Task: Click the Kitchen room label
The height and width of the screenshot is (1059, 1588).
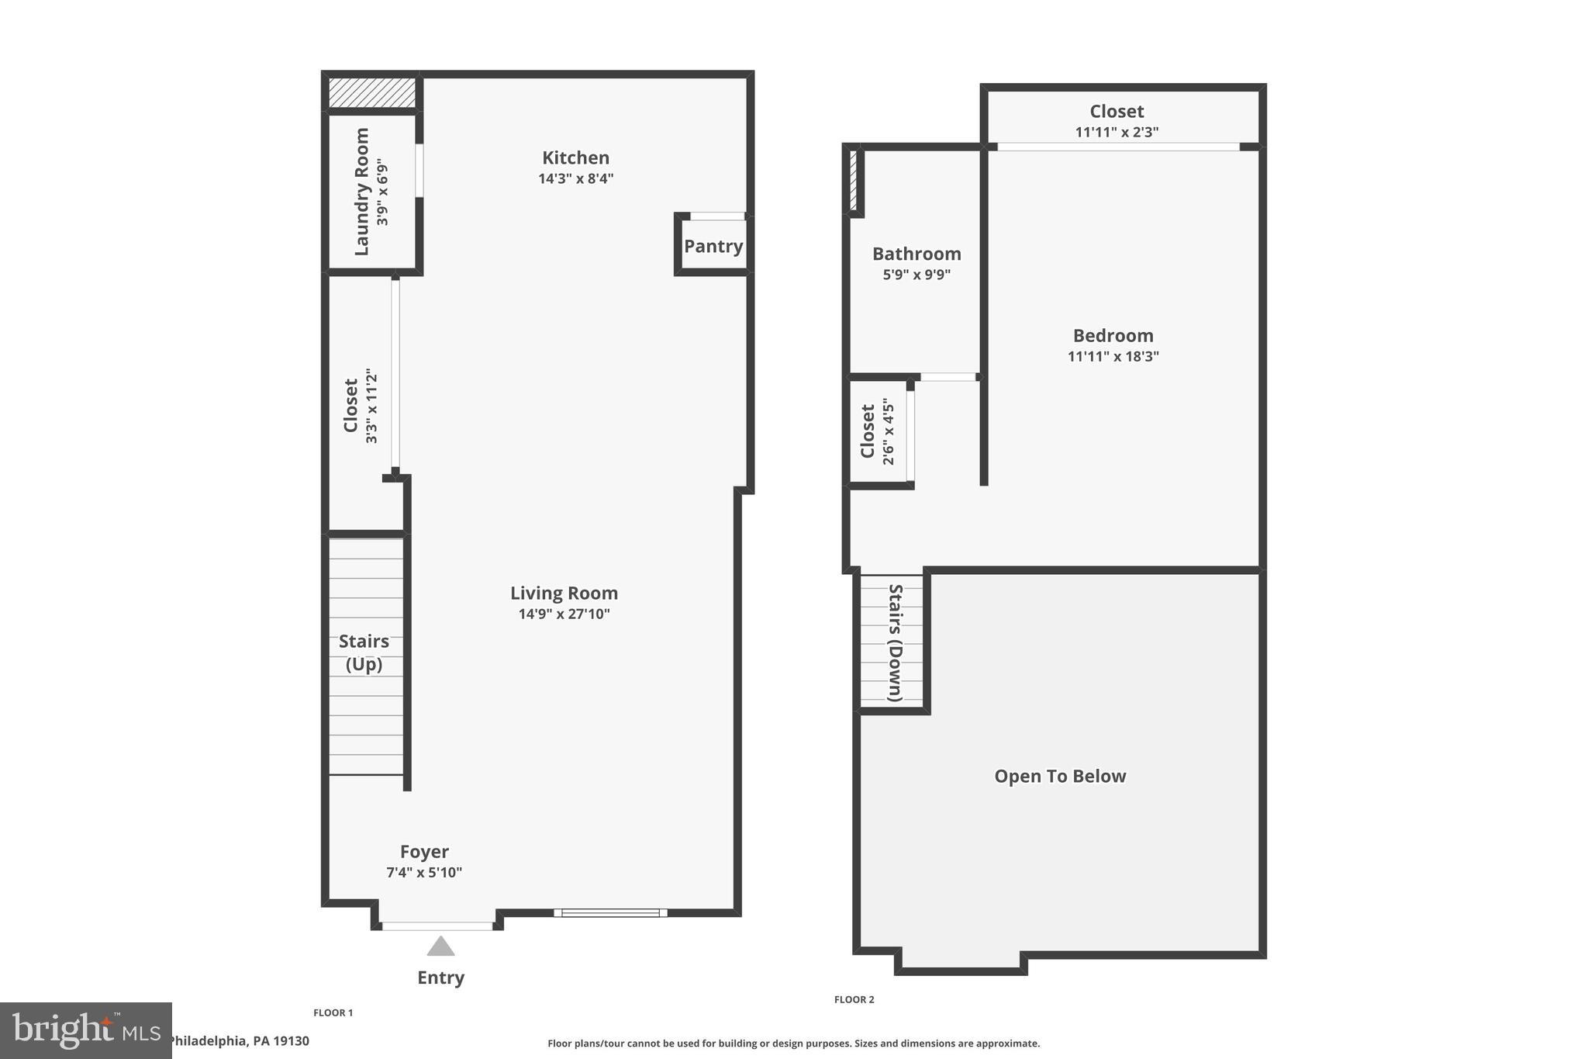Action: tap(575, 157)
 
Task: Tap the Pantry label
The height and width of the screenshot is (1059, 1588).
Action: tap(713, 246)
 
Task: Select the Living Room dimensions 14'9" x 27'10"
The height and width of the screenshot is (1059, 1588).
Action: tap(564, 614)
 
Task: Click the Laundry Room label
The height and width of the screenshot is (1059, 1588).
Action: tap(361, 192)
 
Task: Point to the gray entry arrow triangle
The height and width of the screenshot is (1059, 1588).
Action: tap(440, 946)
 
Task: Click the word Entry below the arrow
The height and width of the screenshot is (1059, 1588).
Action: tap(440, 978)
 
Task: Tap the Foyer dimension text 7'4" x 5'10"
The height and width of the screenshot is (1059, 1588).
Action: tap(424, 872)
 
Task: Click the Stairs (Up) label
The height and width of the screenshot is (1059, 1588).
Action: tap(364, 652)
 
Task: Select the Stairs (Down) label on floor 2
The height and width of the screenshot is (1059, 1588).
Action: tap(895, 642)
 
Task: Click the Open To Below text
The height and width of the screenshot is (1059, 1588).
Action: tap(1060, 776)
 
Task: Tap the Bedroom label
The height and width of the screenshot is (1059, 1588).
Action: tap(1113, 335)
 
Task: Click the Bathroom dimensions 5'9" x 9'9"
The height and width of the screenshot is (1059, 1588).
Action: tap(917, 274)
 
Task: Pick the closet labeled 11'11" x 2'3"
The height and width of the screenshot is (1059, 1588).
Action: tap(1117, 121)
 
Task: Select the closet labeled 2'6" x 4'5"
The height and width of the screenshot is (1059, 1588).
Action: tap(877, 431)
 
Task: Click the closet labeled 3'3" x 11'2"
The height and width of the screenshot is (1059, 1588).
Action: tap(361, 406)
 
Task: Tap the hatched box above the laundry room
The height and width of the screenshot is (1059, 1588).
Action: tap(372, 92)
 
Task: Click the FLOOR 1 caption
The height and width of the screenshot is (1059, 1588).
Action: tap(333, 1012)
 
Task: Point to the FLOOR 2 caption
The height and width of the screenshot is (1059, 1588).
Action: tap(854, 999)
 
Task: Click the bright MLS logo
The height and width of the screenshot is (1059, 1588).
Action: tap(85, 1030)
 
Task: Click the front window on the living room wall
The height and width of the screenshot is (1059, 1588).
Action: tap(610, 912)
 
